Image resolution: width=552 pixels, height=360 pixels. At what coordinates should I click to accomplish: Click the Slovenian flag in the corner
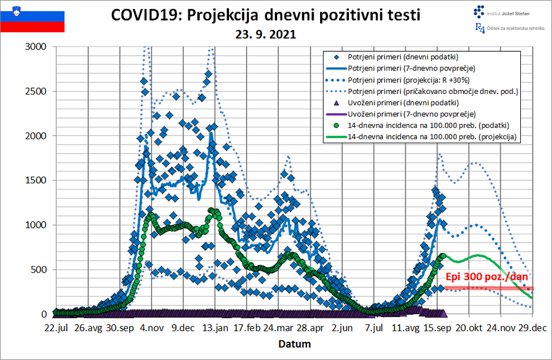(x=32, y=18)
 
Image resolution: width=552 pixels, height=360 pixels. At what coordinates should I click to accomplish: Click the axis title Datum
(x=294, y=344)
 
